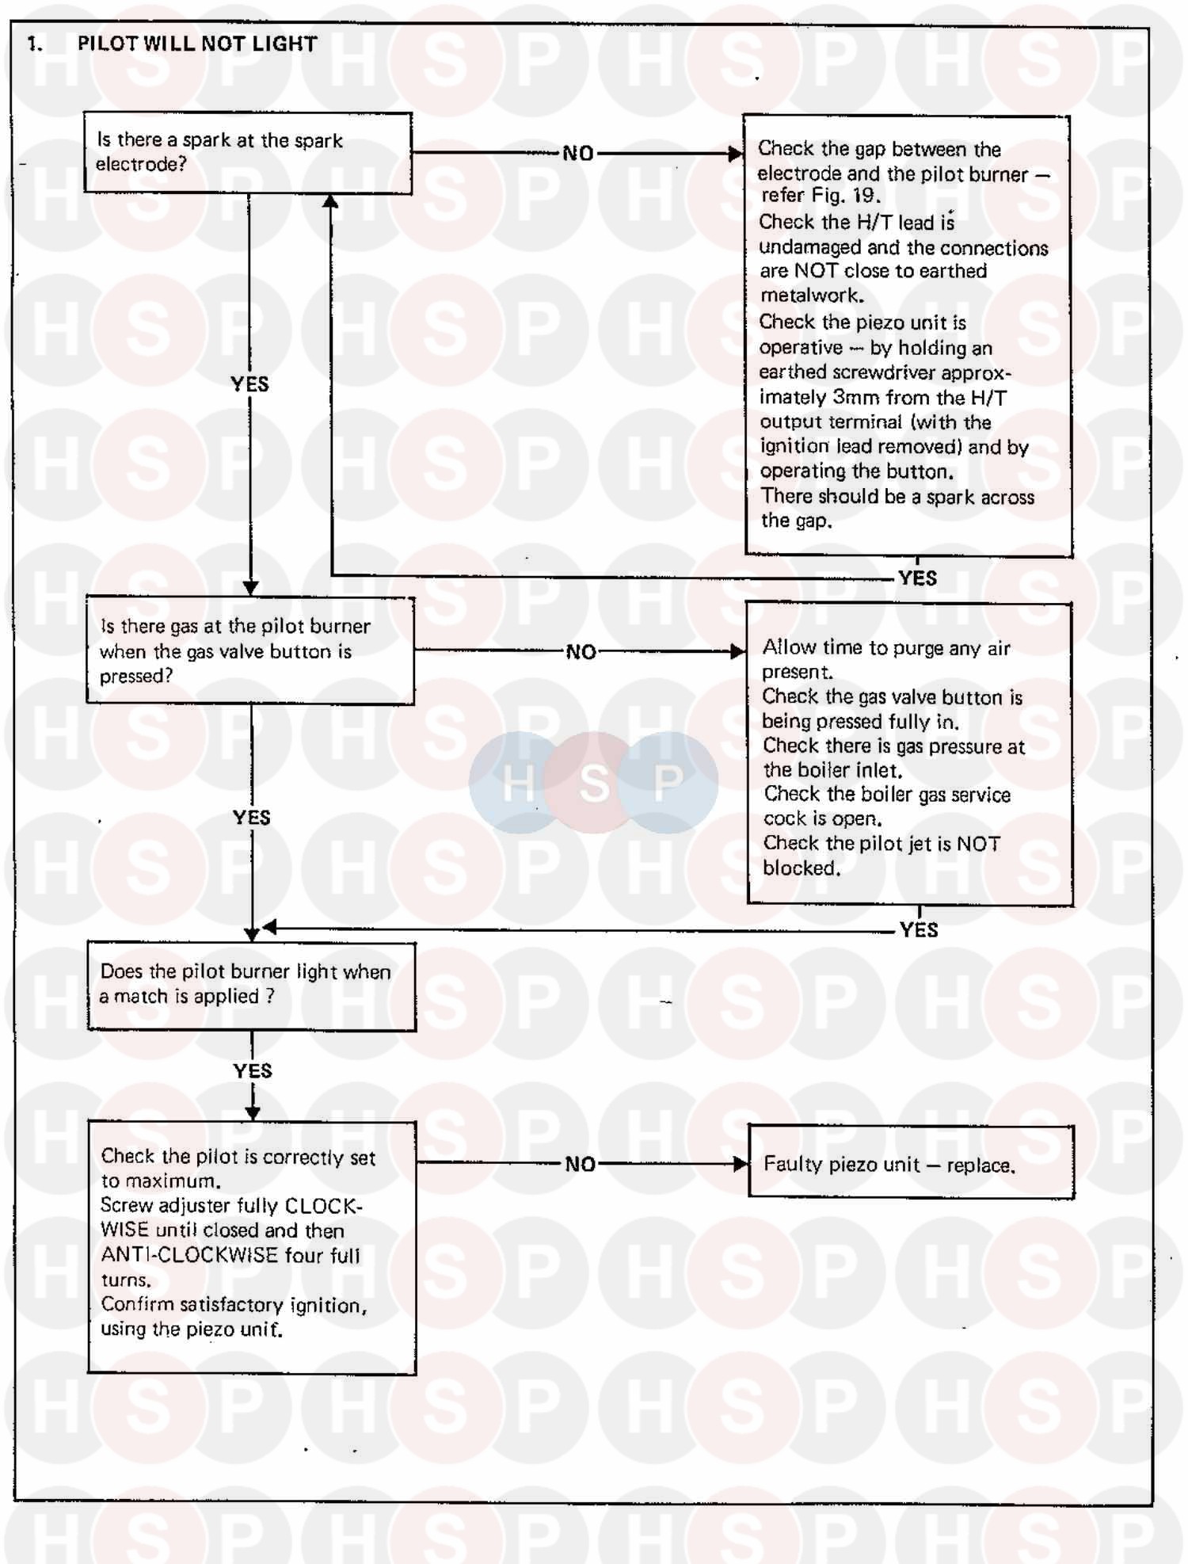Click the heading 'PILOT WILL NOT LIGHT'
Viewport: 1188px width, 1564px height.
[x=197, y=44]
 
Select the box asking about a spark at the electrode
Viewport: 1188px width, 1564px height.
[x=248, y=153]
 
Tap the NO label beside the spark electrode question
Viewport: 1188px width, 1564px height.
[x=578, y=154]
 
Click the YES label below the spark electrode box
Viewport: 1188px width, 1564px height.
[x=249, y=384]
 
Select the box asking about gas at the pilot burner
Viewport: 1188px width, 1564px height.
[x=250, y=650]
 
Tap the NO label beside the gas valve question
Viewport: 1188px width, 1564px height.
[x=581, y=652]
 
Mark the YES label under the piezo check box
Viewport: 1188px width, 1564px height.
[x=918, y=578]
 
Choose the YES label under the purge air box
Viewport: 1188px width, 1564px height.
[x=919, y=930]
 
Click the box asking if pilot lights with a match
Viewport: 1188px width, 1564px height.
[x=252, y=986]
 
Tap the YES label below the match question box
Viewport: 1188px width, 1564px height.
[x=253, y=1071]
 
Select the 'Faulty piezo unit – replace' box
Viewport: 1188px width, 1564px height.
[x=911, y=1163]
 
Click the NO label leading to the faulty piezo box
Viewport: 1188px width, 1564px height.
[x=581, y=1164]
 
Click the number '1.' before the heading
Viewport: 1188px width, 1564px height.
[x=36, y=44]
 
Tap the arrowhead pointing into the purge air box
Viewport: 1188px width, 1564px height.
[x=737, y=651]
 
